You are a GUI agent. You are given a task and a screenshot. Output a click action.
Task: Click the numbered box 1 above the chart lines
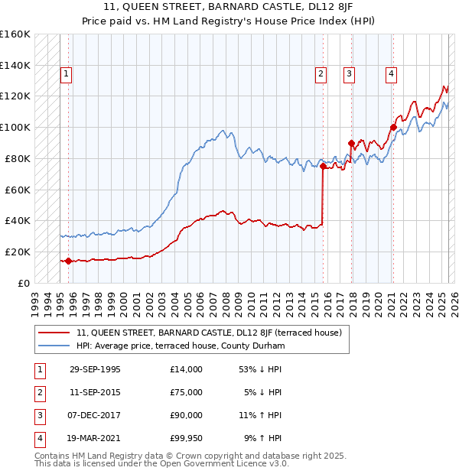tap(67, 74)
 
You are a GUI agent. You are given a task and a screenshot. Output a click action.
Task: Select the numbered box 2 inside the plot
tap(321, 74)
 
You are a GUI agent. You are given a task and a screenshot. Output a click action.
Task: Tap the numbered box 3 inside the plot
tap(349, 74)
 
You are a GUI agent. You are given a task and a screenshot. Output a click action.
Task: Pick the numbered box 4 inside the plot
tap(391, 74)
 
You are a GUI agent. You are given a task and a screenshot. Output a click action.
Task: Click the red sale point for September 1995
tap(68, 261)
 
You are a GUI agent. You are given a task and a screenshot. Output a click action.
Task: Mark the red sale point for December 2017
tap(351, 142)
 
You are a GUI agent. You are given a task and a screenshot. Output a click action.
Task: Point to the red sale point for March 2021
tap(393, 127)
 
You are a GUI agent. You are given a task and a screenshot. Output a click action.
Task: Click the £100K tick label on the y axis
tap(15, 127)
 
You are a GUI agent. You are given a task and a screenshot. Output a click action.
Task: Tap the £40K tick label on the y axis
tap(17, 220)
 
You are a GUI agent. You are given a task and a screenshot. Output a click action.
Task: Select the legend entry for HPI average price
tap(180, 346)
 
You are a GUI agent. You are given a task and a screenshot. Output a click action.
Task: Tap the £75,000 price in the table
tap(187, 392)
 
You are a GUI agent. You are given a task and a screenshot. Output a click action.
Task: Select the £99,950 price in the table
tap(187, 438)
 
